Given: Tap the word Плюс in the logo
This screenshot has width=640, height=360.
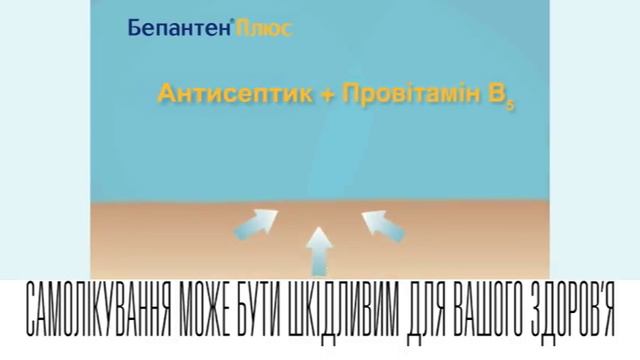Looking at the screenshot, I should (x=265, y=28).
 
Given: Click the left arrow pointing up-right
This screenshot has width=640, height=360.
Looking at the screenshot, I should (x=262, y=219).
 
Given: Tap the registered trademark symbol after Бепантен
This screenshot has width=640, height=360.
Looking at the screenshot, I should (x=234, y=22).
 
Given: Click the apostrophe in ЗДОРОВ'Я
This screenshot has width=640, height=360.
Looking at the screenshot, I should (x=602, y=287).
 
